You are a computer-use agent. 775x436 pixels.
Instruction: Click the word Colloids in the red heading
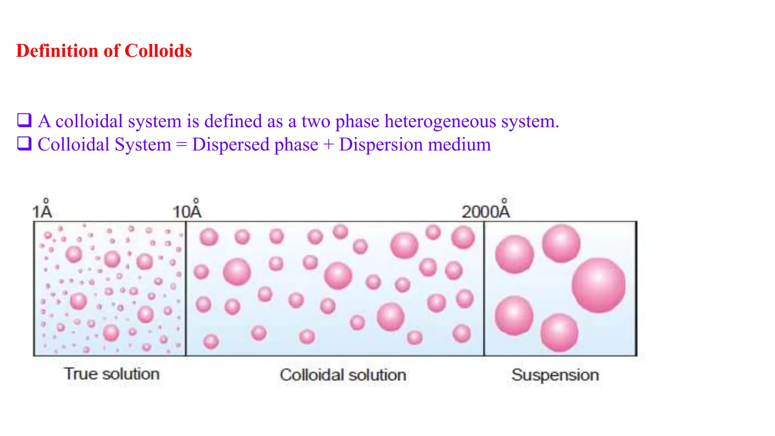[158, 51]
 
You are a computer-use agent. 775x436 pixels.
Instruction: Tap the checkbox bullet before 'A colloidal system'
[24, 120]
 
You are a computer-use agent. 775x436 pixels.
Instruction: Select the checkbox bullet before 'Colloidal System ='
[24, 143]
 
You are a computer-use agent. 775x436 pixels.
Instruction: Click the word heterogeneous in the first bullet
[440, 121]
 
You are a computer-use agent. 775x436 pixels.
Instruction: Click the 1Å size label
[42, 210]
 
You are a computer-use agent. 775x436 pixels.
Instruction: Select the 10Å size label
[187, 210]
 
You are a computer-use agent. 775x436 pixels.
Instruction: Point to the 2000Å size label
[486, 210]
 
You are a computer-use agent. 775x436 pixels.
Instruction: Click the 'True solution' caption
[112, 374]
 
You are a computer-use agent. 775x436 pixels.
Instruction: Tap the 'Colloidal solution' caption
[343, 375]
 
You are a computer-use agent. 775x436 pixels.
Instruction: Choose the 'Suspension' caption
[555, 375]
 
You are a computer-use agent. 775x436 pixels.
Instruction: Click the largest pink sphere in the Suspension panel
[598, 285]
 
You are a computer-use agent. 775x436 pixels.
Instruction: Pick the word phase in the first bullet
[357, 121]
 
